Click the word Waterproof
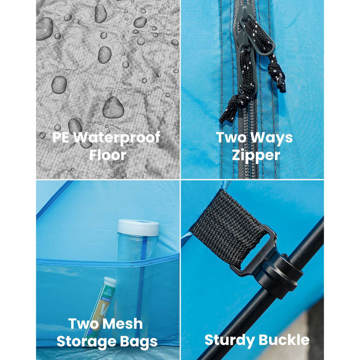(117, 138)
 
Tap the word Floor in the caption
(108, 155)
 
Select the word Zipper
(256, 156)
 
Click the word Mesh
(122, 324)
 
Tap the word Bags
(139, 342)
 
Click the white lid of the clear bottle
(138, 228)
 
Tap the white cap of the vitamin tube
(110, 280)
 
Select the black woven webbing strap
(228, 229)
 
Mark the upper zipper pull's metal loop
(257, 37)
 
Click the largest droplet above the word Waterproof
(113, 108)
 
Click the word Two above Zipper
(231, 137)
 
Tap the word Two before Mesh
(83, 324)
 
